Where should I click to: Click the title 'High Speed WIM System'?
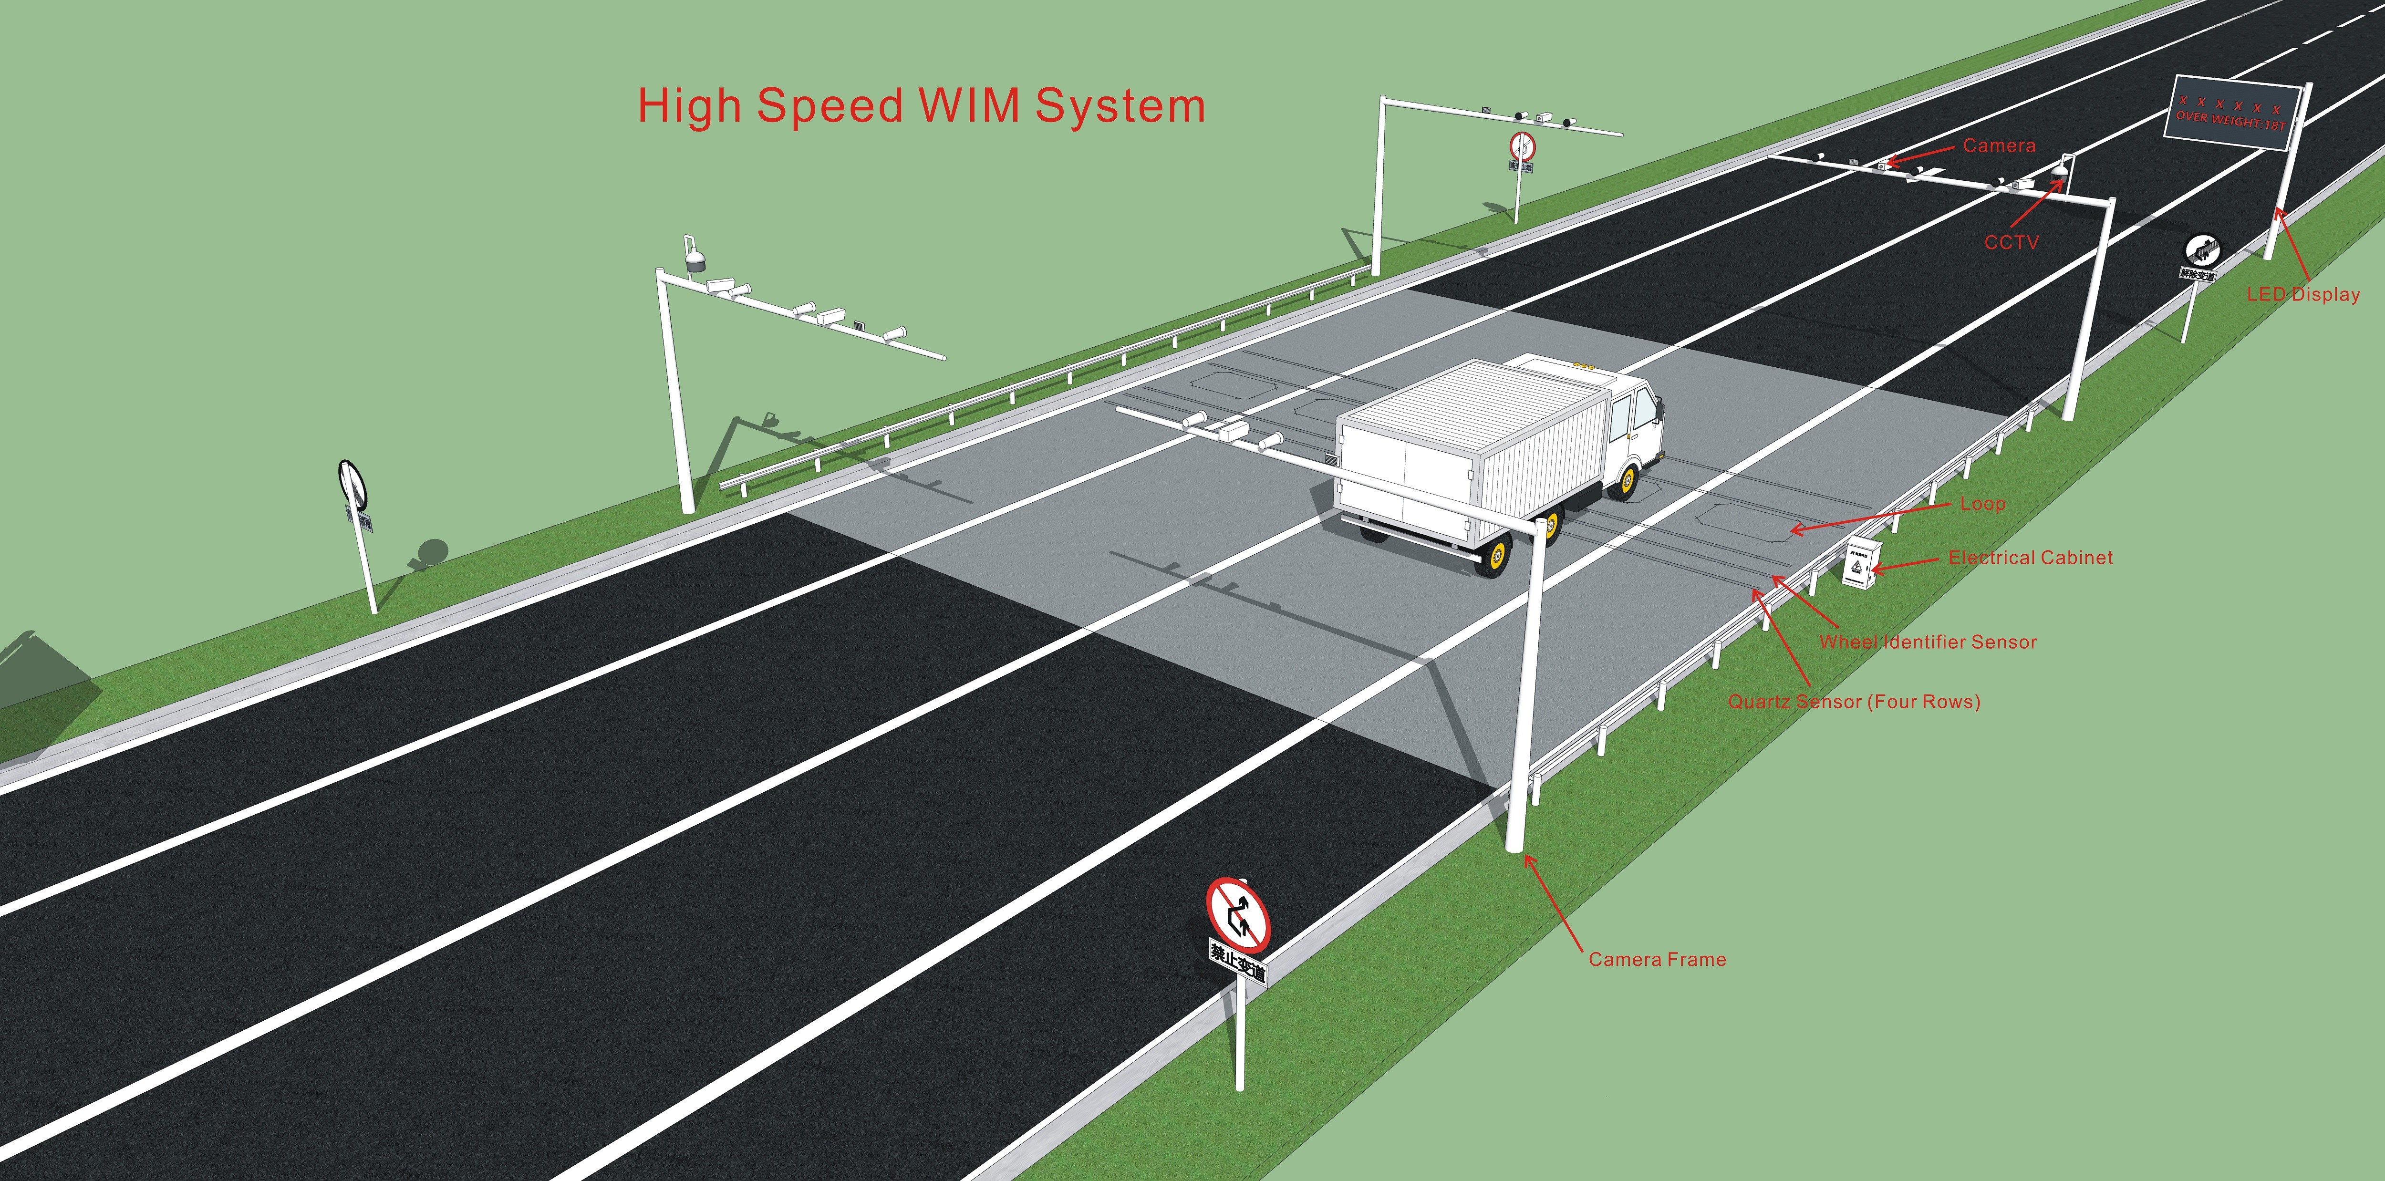tap(921, 105)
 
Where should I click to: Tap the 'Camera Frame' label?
tap(1657, 959)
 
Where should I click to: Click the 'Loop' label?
tap(1982, 504)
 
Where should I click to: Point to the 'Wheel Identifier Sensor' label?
tap(1928, 642)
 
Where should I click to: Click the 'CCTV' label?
tap(2011, 242)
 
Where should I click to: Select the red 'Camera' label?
tap(1999, 145)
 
